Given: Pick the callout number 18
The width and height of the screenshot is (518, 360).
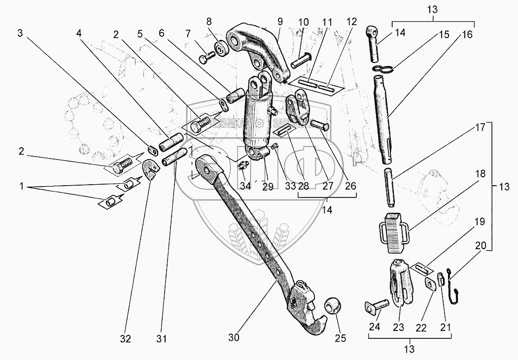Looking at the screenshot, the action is (481, 174).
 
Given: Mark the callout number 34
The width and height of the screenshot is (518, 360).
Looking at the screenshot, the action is (245, 186).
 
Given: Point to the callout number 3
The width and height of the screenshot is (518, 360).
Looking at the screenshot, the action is (20, 33).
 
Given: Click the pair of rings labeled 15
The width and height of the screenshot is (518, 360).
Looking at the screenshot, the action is (384, 69).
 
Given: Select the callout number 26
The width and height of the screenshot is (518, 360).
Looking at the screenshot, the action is (351, 186).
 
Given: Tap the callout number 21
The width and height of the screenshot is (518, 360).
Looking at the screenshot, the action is (448, 326).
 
